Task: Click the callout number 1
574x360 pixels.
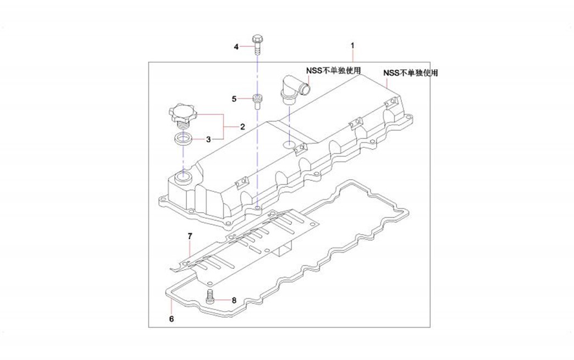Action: tap(353, 44)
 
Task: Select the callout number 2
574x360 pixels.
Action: tap(242, 127)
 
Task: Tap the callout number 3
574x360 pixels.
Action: tap(209, 140)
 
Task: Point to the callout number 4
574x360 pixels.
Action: tap(236, 47)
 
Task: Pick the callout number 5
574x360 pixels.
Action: tap(234, 99)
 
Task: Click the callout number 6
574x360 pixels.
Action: tap(172, 319)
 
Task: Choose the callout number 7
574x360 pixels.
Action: tap(190, 236)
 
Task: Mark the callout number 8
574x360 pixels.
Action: tap(234, 300)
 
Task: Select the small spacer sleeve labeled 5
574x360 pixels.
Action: tap(257, 101)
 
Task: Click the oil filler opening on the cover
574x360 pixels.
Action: tap(182, 178)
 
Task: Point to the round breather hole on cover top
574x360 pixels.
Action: tap(289, 145)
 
